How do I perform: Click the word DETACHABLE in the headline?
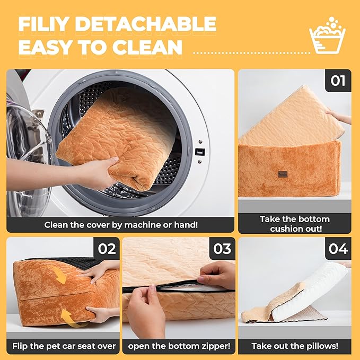(146, 24)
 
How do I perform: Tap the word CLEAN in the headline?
(147, 47)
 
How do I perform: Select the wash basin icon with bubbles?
(327, 35)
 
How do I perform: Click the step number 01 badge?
(338, 81)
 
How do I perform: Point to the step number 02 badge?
(107, 249)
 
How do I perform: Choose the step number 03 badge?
(222, 249)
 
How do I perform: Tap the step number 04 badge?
(338, 249)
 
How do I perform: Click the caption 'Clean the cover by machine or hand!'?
(121, 225)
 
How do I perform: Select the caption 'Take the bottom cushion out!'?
(295, 224)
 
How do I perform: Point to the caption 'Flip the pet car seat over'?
(64, 346)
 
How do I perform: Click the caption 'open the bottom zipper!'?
(179, 346)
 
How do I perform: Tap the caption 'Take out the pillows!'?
(295, 346)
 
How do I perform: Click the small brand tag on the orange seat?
(283, 174)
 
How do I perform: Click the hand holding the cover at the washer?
(96, 172)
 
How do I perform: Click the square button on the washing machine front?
(200, 152)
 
